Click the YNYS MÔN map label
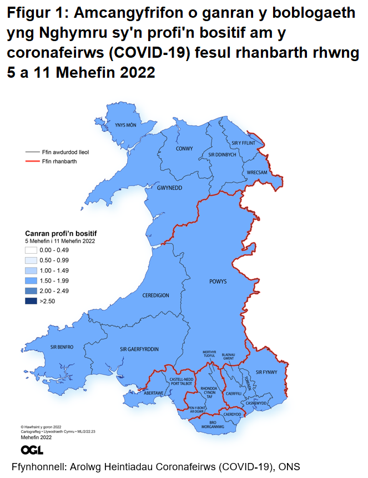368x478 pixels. (125, 125)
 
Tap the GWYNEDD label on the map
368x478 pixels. (169, 188)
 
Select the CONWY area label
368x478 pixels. (184, 149)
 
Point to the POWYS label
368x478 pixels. (218, 281)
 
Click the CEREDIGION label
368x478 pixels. (155, 295)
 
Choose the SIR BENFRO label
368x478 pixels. (62, 347)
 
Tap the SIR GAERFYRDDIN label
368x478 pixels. (139, 349)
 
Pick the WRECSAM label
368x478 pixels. (258, 172)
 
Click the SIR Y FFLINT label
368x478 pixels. (243, 143)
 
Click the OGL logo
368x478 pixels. (32, 450)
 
